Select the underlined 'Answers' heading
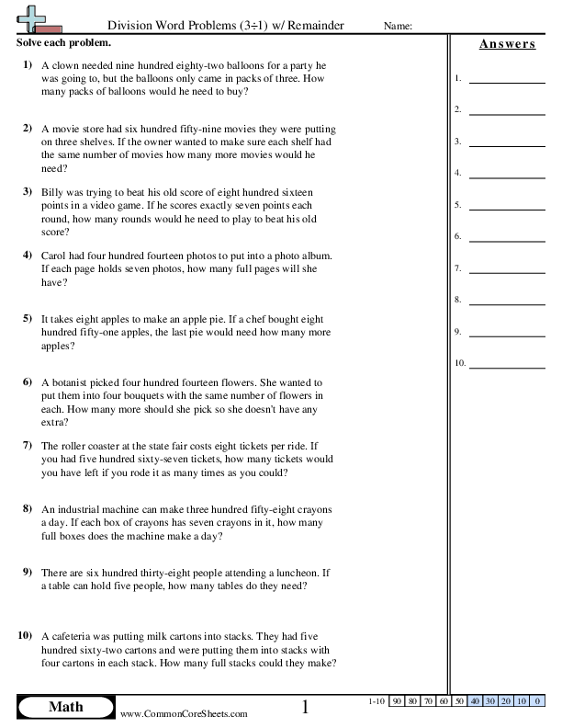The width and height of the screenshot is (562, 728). (506, 44)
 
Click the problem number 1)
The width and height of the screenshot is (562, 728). (27, 66)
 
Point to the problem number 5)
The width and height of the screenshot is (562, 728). (27, 317)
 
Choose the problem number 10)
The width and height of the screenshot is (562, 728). (25, 635)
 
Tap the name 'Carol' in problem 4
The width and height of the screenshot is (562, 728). (57, 255)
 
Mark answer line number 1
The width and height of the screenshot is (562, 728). (505, 81)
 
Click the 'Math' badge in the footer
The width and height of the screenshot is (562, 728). (65, 707)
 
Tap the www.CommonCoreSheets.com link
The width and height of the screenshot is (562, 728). (184, 713)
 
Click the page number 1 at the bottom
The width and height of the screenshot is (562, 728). (305, 707)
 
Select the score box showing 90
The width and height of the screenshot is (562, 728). (399, 701)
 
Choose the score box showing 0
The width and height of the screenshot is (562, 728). (534, 701)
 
